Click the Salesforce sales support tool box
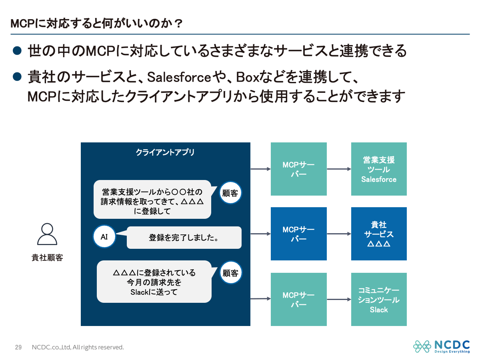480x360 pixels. coord(379,169)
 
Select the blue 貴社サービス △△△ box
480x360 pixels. coord(379,234)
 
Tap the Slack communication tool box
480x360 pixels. coord(379,299)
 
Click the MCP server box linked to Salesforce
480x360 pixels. coord(298,169)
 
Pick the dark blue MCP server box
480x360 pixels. coord(298,234)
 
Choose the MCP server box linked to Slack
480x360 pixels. coord(298,299)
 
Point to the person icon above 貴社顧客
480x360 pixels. coord(47,234)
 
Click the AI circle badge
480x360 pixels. coord(104,237)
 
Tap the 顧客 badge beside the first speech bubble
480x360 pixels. coord(230,193)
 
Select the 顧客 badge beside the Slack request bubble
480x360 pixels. coord(230,274)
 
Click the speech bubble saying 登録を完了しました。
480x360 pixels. coord(184,238)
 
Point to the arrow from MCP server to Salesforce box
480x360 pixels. coord(339,169)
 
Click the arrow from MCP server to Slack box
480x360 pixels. coord(339,299)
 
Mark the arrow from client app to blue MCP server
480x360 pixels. coord(260,234)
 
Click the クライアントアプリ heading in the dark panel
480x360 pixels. coord(165,152)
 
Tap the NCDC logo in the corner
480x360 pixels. coord(441,346)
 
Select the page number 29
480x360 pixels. coord(18,347)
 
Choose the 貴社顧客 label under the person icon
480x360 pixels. coord(47,258)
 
